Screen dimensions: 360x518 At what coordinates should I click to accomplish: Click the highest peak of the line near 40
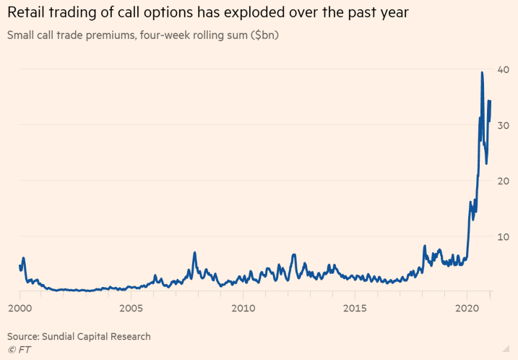pos(482,72)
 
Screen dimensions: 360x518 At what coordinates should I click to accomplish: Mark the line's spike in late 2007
pos(194,253)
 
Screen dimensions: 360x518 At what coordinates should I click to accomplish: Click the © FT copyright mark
pos(20,350)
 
